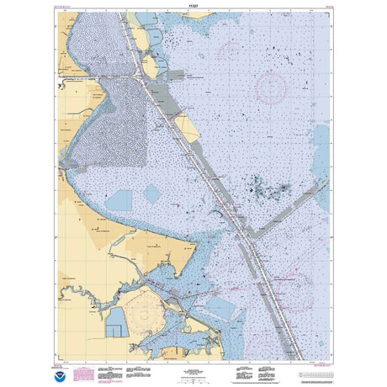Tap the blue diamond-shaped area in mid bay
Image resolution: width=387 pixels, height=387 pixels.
pos(152,194)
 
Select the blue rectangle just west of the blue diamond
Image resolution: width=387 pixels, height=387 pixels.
pos(119,200)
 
